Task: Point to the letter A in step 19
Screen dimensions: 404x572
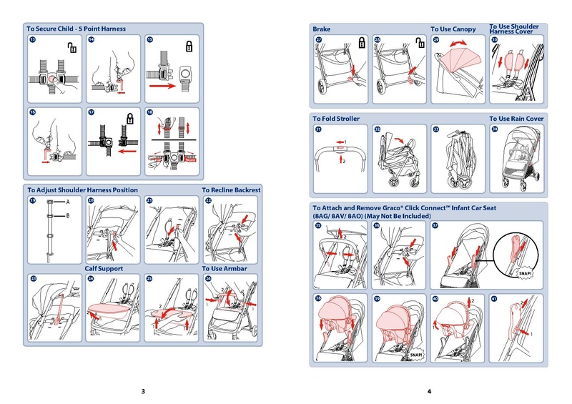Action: [67, 203]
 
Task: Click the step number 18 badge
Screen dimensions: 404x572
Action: [149, 113]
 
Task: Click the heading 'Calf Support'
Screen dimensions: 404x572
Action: [104, 268]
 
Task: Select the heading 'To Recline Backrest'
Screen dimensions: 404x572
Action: [231, 190]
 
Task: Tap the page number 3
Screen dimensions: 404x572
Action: [143, 391]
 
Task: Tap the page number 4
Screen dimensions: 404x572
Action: [429, 391]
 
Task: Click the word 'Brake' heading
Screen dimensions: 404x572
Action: [322, 29]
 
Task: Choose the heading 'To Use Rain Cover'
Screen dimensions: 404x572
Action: [516, 118]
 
